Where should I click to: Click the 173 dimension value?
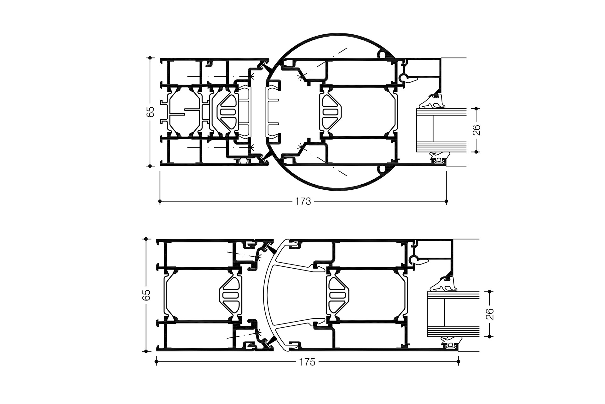(x=303, y=201)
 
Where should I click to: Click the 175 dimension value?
(x=307, y=362)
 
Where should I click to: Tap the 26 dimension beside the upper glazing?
(x=476, y=130)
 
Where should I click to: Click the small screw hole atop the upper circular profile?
(x=382, y=55)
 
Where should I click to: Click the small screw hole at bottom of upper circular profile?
(x=382, y=169)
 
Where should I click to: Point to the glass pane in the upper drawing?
(x=441, y=130)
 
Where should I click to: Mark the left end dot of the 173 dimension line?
(x=160, y=201)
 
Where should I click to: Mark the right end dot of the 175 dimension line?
(x=458, y=362)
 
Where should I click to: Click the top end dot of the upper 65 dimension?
(x=150, y=58)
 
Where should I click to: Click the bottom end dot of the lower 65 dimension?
(x=146, y=351)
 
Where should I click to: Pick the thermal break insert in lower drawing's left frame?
(x=230, y=295)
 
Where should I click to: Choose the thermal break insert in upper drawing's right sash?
(x=331, y=112)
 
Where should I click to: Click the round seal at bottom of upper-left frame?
(x=243, y=161)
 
